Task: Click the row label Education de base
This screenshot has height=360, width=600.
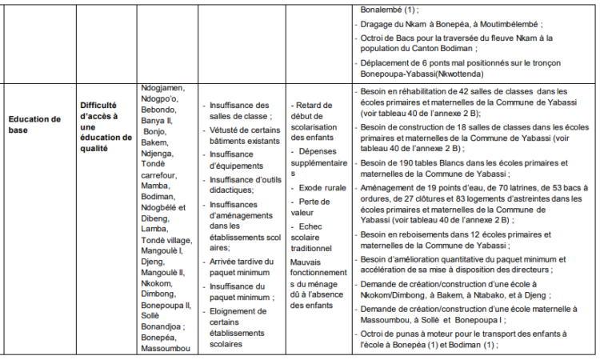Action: coord(34,124)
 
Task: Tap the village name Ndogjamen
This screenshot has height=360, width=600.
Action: coord(162,87)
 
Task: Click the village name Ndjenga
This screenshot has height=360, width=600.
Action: coord(157,153)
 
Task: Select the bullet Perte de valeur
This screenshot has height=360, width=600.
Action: coord(317,207)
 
